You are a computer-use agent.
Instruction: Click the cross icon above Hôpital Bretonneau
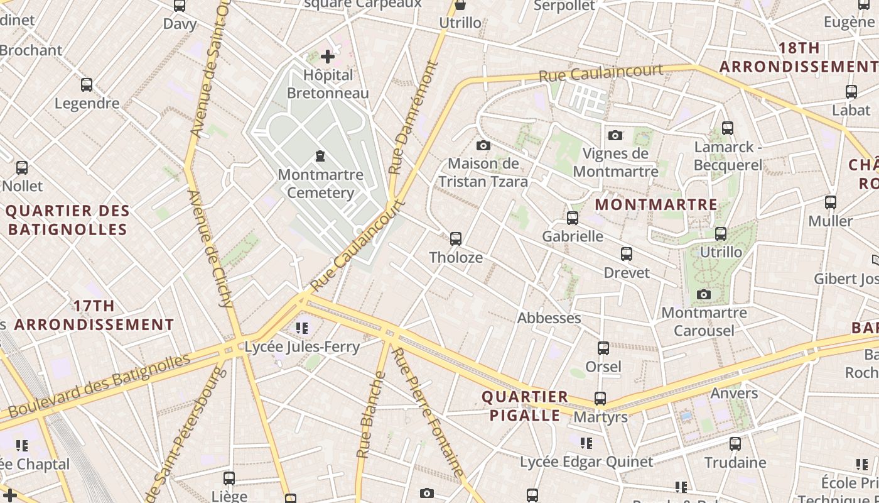click(327, 57)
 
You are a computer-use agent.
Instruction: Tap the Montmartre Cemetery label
click(320, 183)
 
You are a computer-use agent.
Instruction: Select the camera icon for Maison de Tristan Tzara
click(483, 146)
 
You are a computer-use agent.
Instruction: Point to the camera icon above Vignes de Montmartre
click(615, 135)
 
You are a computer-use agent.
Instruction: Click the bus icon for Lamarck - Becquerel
click(727, 128)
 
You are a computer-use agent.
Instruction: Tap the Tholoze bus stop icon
click(456, 239)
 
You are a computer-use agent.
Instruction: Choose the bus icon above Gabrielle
click(572, 218)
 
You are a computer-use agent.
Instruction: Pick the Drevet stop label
click(627, 273)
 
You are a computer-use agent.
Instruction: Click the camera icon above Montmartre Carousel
click(704, 294)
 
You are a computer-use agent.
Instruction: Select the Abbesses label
click(549, 318)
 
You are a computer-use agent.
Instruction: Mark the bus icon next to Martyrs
click(600, 399)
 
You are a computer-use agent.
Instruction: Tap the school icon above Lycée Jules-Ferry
click(302, 328)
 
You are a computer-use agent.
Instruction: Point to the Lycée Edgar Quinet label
click(586, 462)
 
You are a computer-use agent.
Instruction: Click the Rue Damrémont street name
click(412, 118)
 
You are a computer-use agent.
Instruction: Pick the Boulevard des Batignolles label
click(99, 385)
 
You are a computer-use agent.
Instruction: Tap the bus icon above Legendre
click(87, 85)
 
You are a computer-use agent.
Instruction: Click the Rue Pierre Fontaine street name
click(428, 412)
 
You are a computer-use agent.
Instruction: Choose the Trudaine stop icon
click(735, 444)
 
